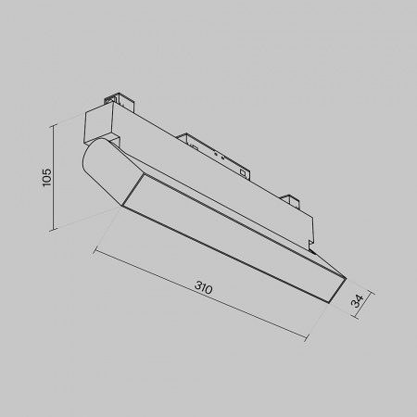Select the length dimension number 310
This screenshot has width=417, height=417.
[203, 288]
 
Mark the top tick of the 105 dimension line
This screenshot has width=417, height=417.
[58, 121]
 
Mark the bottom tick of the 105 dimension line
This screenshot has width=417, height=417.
[58, 228]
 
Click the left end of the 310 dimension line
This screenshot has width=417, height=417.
[95, 248]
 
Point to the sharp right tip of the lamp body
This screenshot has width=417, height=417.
[344, 276]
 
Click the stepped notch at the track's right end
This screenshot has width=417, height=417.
[311, 243]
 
